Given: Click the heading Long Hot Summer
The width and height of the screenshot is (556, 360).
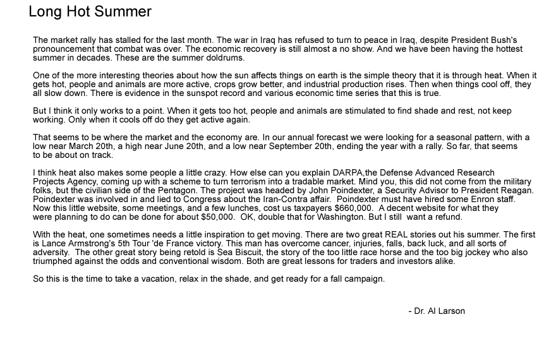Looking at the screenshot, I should (90, 12).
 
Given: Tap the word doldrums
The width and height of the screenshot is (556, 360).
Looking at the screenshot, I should (226, 57).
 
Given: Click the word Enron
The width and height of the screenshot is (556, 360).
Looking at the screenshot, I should (476, 199).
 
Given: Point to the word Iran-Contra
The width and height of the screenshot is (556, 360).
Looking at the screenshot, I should (285, 199).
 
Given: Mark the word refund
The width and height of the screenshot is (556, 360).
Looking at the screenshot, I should (448, 217).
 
